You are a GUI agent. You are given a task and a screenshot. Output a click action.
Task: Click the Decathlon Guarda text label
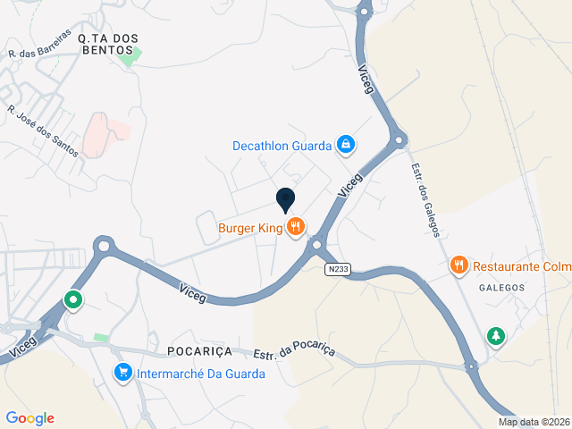(x=282, y=145)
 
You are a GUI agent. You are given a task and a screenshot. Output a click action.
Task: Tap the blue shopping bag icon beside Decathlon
(x=345, y=144)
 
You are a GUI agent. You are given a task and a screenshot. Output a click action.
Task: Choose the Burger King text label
(x=250, y=228)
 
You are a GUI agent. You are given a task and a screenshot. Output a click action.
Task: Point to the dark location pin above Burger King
(x=286, y=201)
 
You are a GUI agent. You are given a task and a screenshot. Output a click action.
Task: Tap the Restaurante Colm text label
(x=521, y=265)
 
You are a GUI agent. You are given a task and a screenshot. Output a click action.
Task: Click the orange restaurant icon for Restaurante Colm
(x=459, y=265)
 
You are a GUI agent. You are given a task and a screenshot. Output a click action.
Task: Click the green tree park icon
(x=495, y=336)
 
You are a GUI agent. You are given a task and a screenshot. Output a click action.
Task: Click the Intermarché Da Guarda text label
(x=200, y=374)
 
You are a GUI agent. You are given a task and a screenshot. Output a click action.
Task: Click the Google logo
(x=29, y=417)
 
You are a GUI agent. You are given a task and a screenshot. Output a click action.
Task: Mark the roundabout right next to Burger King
(x=316, y=243)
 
